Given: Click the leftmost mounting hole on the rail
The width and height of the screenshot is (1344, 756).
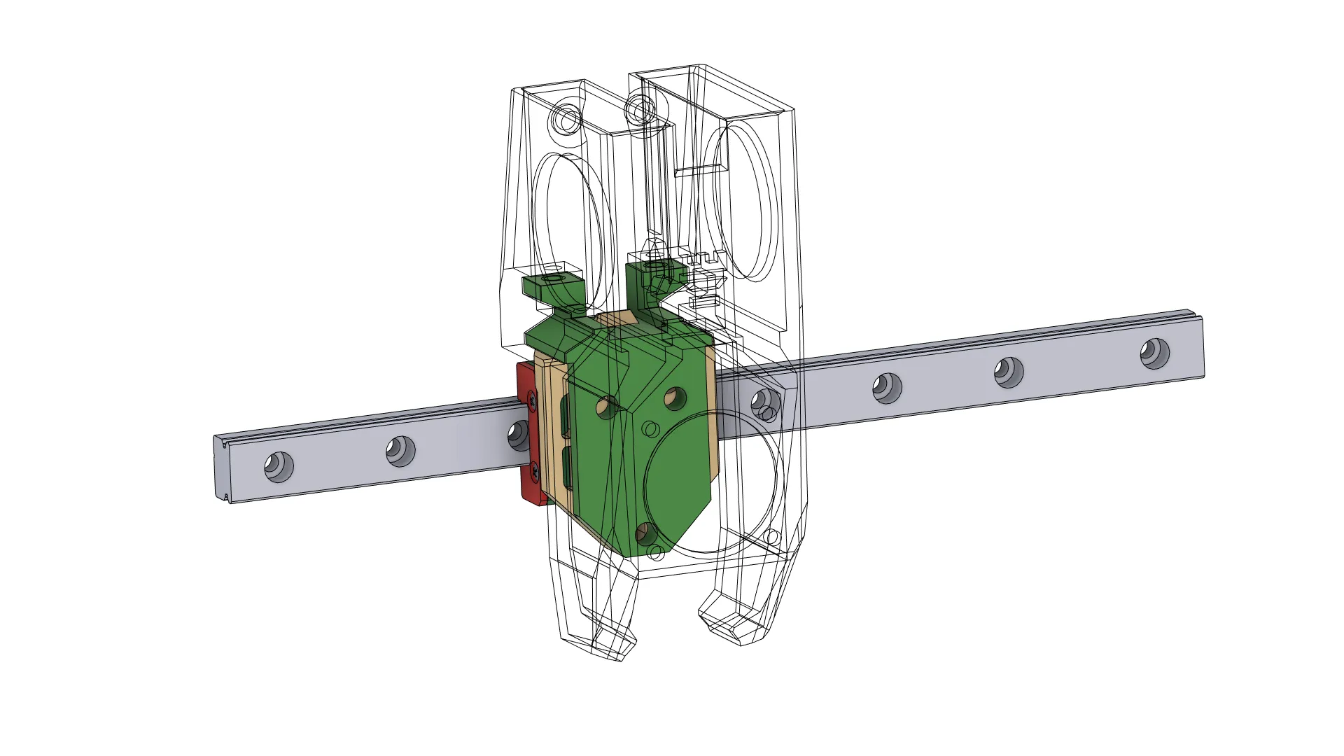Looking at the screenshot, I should (x=279, y=466).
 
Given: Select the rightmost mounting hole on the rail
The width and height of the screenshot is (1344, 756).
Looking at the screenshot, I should (x=1154, y=353).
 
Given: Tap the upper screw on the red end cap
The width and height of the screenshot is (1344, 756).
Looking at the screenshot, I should (x=533, y=401).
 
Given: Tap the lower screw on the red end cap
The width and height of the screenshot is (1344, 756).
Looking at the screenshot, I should (x=534, y=470).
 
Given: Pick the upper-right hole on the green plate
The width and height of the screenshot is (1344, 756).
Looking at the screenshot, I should (x=675, y=398).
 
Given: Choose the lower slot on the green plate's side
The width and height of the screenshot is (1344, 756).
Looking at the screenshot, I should (x=567, y=469).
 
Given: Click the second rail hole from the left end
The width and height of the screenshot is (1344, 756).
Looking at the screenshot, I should (x=400, y=451).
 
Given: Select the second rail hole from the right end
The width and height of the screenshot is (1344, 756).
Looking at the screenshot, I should (x=1009, y=372).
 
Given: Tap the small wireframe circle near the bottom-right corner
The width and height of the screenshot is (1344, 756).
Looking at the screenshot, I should (x=772, y=538).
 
